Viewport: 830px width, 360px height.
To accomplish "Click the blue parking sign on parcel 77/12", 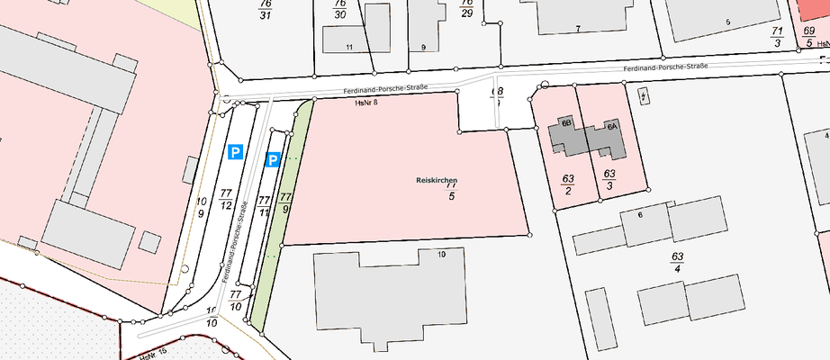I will pyautogui.click(x=235, y=153).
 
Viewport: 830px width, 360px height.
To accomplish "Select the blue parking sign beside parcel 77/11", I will pyautogui.click(x=273, y=160).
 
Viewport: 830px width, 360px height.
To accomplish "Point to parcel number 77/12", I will pyautogui.click(x=226, y=200).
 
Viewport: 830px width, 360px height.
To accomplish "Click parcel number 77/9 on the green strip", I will pyautogui.click(x=286, y=202).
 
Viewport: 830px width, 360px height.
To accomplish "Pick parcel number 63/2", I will pyautogui.click(x=568, y=183).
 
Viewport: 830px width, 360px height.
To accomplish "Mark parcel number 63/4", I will pyautogui.click(x=677, y=262).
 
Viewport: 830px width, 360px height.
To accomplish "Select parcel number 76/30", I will pyautogui.click(x=339, y=10).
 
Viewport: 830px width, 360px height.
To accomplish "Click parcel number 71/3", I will pyautogui.click(x=777, y=36).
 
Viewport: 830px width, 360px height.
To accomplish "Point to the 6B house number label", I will pyautogui.click(x=567, y=121).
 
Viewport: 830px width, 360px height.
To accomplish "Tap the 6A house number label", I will pyautogui.click(x=611, y=127).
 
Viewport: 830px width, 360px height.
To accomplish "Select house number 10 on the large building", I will pyautogui.click(x=441, y=255).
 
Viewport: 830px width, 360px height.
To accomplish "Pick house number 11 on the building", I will pyautogui.click(x=349, y=45).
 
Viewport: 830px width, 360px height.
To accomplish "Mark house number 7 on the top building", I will pyautogui.click(x=577, y=29).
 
